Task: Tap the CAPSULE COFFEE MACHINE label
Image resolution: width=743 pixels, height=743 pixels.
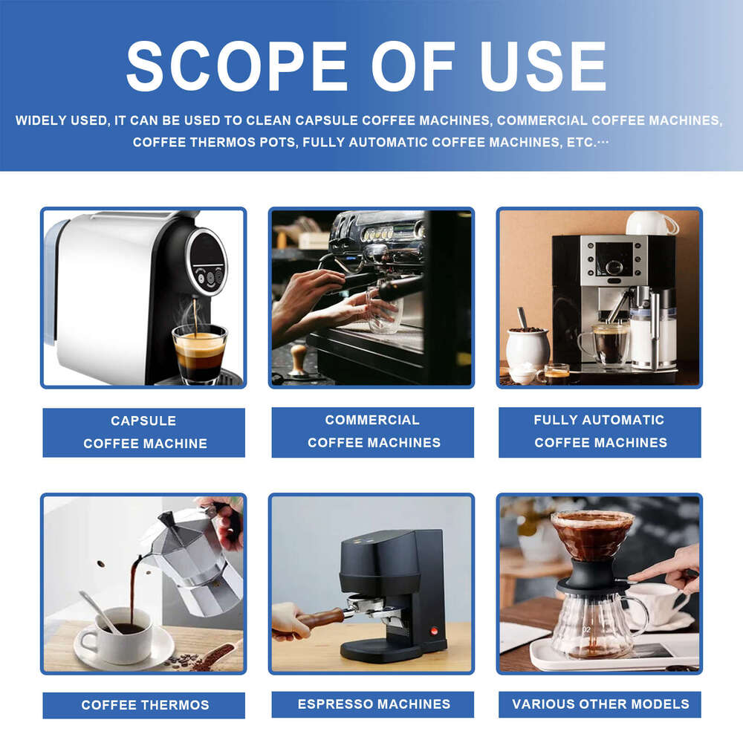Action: click(144, 432)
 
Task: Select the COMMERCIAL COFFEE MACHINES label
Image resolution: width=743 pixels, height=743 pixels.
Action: click(372, 431)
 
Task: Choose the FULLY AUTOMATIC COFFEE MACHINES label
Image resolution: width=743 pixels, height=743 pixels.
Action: click(600, 431)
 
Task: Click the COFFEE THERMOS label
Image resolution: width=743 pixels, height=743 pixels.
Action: click(144, 705)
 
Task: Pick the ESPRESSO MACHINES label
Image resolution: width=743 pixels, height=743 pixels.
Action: click(372, 704)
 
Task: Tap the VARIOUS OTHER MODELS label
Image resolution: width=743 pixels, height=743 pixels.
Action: click(600, 704)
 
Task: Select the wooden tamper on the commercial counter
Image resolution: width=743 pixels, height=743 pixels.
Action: click(298, 360)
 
